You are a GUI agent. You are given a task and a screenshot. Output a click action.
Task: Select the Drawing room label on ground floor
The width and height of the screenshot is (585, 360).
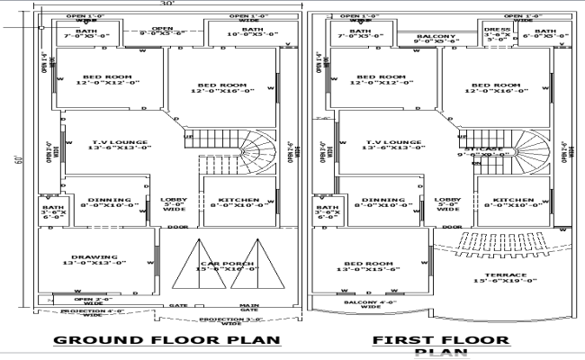click(x=95, y=258)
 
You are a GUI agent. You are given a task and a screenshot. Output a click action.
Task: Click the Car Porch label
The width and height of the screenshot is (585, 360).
click(x=226, y=265)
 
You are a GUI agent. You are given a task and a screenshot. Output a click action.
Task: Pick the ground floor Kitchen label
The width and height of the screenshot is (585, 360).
click(x=239, y=202)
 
